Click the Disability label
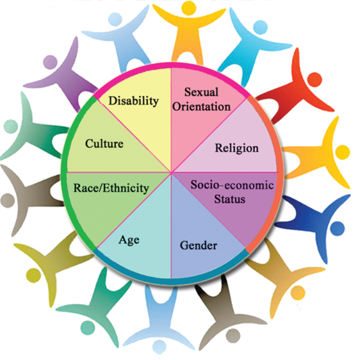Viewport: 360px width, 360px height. coord(133,101)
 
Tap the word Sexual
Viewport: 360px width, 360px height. coord(201,92)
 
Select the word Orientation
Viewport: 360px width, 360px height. coord(201,106)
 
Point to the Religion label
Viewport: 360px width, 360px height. coord(237,148)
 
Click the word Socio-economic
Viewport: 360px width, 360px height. coord(232,185)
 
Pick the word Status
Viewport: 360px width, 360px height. coord(229,199)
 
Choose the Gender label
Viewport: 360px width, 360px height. coord(198,245)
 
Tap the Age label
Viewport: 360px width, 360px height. coord(129,241)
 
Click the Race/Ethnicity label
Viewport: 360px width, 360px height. coord(111,188)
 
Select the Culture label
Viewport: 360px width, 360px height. coord(104,144)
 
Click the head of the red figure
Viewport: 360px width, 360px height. coord(314,79)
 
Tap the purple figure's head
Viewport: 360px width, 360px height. coord(50,62)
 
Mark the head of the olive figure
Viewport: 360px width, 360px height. coord(34,275)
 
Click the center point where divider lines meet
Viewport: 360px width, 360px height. coord(171,172)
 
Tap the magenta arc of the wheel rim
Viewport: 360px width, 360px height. coord(171,65)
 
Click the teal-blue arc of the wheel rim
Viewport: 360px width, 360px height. coord(171,281)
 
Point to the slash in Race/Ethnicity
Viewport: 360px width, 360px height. coord(101,188)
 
